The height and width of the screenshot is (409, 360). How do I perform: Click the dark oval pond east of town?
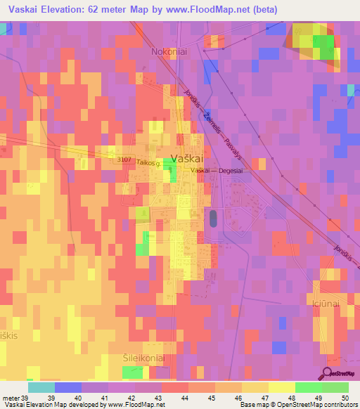[x=213, y=218]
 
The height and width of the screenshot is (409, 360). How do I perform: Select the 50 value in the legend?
[x=345, y=398]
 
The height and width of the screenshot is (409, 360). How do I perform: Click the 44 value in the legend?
[x=184, y=398]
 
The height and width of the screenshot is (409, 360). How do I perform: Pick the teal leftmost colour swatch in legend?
[x=41, y=387]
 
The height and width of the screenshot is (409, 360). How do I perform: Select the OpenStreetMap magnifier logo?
[x=327, y=374]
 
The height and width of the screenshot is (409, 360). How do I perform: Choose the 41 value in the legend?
[x=104, y=398]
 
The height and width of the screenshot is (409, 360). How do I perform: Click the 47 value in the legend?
[x=264, y=398]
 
